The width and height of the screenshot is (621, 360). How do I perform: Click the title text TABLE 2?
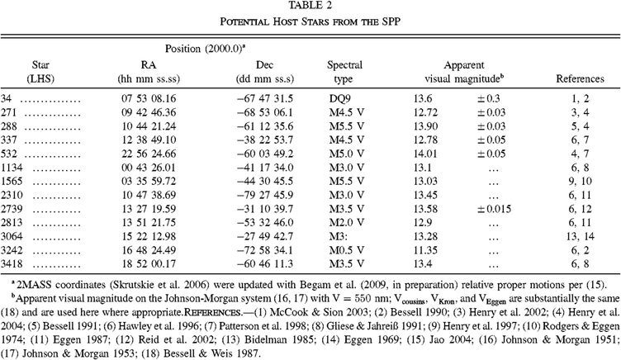pyautogui.click(x=310, y=7)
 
